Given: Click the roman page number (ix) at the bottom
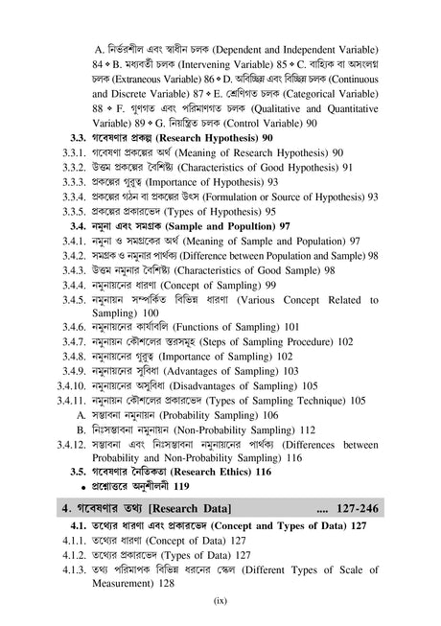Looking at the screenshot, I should (220, 603).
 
